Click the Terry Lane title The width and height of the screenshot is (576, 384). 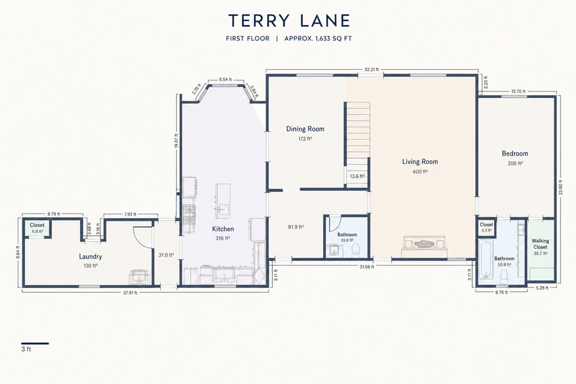point(289,20)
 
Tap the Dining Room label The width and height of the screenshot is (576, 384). point(305,129)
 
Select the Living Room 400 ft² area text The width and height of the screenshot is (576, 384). point(420,172)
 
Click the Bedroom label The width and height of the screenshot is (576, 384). point(515,154)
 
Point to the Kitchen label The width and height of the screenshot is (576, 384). point(223,229)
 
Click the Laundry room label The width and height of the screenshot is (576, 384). point(90,257)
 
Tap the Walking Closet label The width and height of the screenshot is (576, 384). point(540,244)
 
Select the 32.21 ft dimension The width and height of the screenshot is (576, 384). point(371,69)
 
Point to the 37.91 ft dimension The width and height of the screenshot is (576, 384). point(130,293)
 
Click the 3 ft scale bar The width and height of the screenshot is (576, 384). point(35,344)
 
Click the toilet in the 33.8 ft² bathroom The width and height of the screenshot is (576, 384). point(355,251)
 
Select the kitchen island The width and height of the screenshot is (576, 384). point(223,202)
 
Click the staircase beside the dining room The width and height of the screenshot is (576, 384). point(356,138)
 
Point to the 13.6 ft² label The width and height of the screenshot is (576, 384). point(357,177)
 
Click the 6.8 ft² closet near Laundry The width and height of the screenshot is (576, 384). point(36,228)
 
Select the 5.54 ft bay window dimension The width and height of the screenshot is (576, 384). point(225,79)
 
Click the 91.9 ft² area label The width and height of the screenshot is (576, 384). point(296,227)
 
